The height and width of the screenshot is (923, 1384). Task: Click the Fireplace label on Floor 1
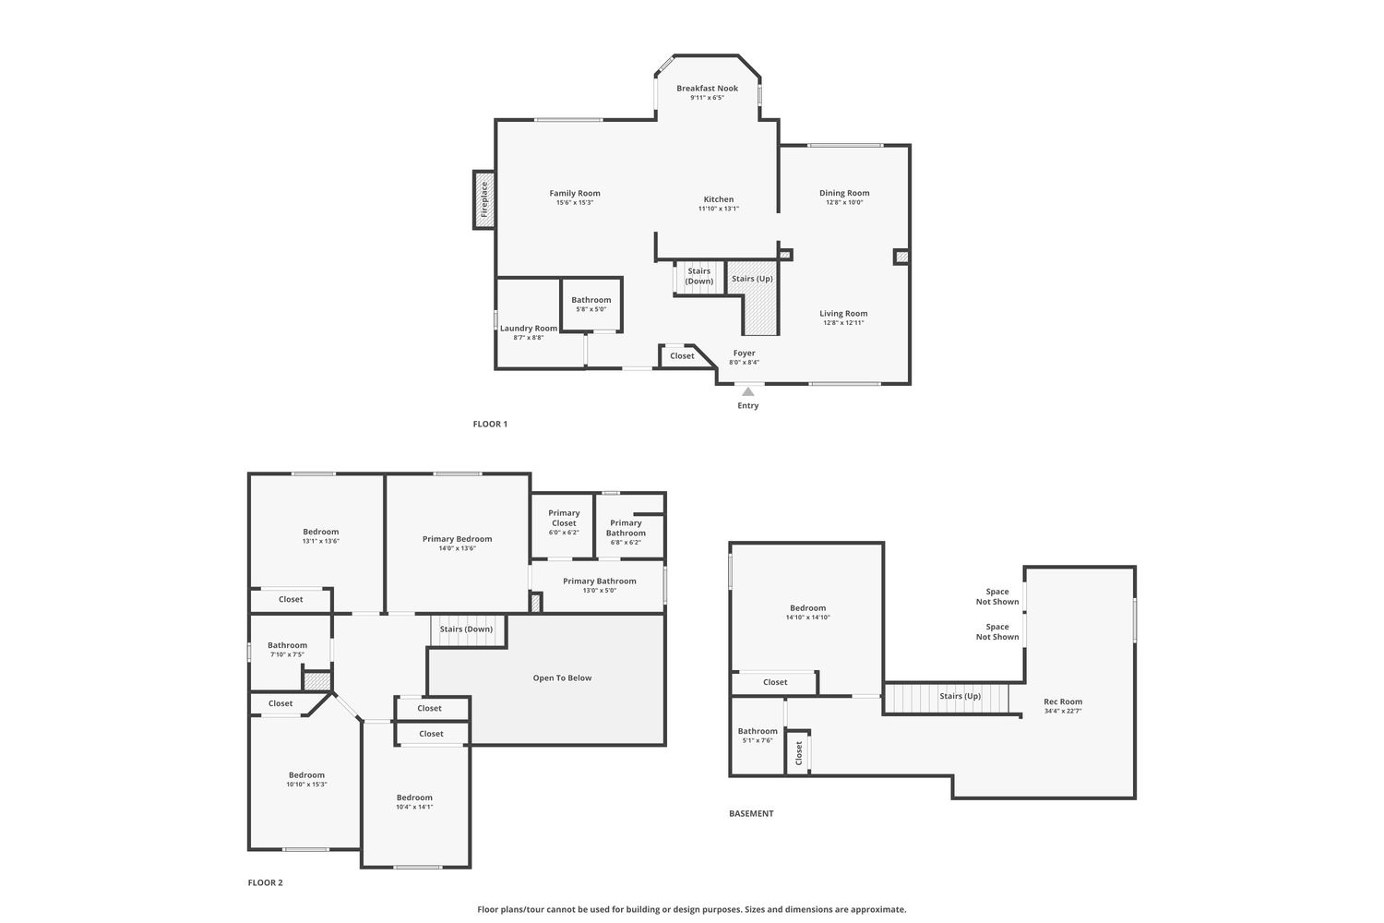484,199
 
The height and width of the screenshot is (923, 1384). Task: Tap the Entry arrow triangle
747,391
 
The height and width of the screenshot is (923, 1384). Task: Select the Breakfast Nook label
707,89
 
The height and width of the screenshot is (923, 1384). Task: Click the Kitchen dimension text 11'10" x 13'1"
719,209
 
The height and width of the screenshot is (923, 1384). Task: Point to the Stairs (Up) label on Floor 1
752,279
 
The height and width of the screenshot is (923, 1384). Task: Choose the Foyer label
744,353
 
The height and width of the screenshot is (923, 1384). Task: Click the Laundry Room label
529,329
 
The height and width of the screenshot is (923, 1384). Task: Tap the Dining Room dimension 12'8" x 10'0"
844,202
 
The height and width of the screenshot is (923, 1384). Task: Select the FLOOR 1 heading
490,424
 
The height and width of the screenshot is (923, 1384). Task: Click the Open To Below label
562,678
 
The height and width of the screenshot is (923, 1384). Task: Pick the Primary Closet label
564,518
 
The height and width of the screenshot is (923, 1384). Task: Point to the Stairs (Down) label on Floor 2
466,629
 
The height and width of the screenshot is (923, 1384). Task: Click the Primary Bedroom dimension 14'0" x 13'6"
458,548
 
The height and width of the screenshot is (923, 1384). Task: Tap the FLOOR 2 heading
265,882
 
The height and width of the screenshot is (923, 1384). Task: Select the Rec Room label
1063,701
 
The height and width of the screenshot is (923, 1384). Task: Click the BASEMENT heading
751,813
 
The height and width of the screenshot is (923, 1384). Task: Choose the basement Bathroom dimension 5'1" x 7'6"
758,740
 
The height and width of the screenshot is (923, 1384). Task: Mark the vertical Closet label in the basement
798,753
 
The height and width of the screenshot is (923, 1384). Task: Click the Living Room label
843,314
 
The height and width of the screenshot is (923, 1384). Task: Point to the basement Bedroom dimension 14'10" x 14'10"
807,617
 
